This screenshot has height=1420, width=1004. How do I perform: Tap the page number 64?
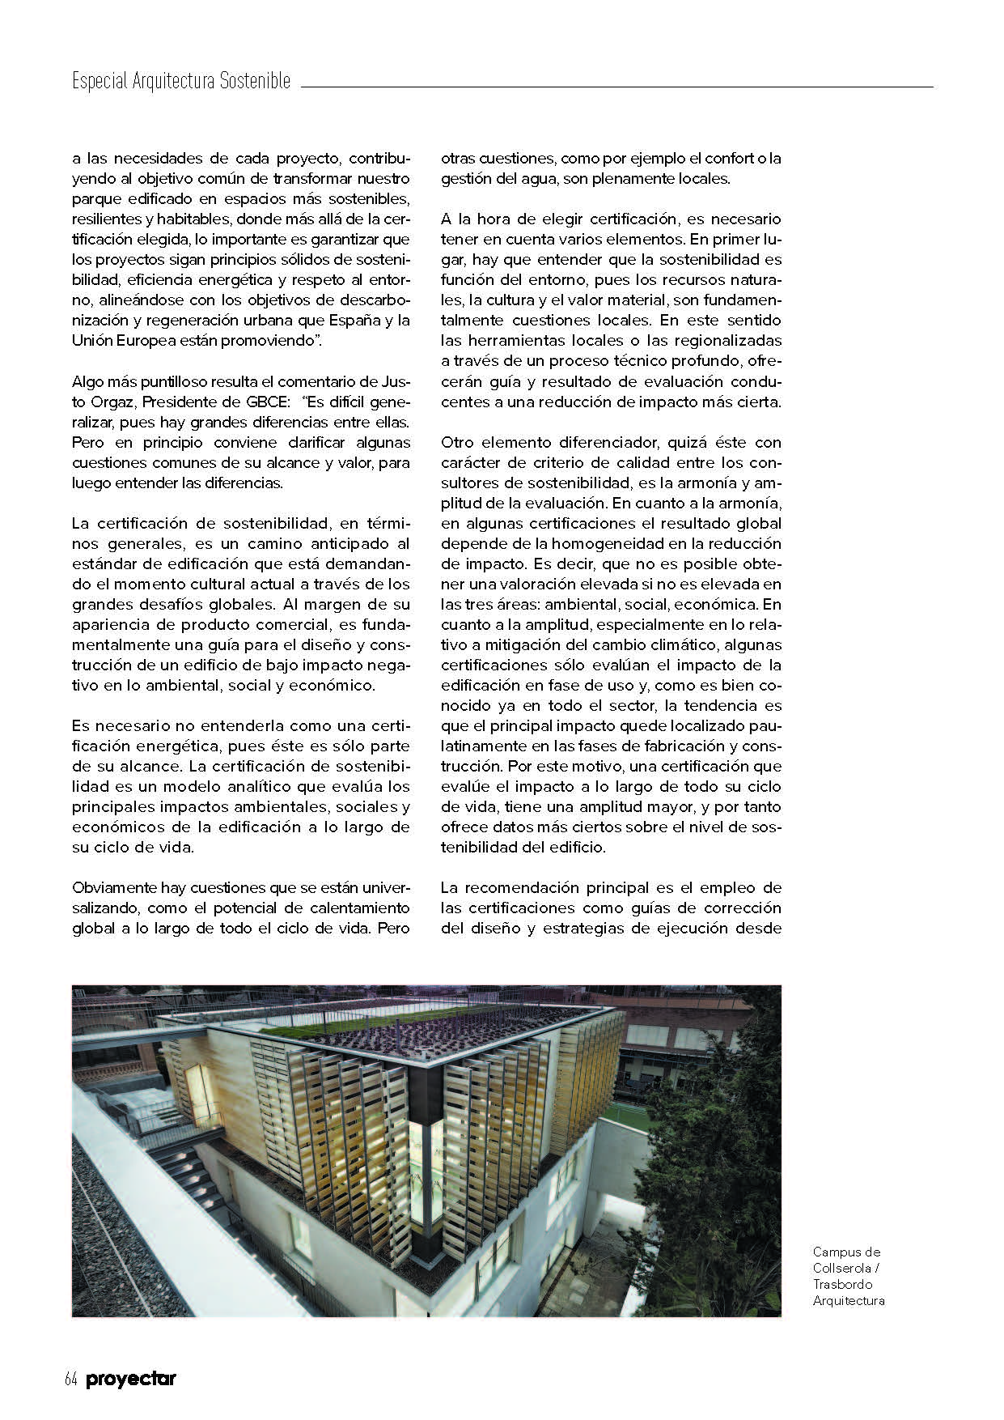(x=70, y=1380)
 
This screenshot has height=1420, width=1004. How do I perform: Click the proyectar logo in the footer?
(x=130, y=1380)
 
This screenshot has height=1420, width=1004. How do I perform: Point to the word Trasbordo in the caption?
(x=842, y=1284)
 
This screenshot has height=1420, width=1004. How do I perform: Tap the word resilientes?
(x=104, y=219)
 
